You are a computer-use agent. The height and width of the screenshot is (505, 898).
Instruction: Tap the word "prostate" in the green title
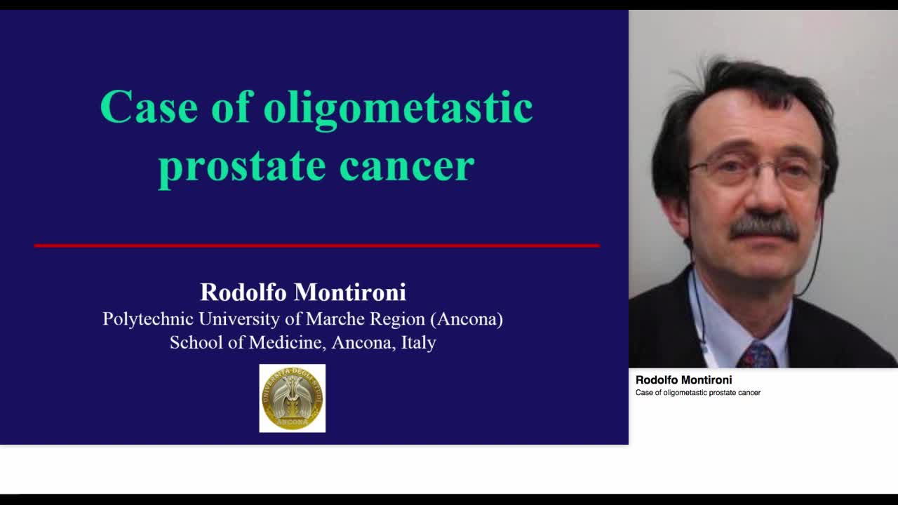(x=241, y=166)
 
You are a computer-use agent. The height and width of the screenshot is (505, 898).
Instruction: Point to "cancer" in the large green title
(x=407, y=166)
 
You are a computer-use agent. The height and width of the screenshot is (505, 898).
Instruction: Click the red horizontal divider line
(x=316, y=245)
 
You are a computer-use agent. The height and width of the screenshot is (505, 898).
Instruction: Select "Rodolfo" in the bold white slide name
(x=243, y=292)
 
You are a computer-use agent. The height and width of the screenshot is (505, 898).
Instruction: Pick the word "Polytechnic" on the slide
(x=148, y=319)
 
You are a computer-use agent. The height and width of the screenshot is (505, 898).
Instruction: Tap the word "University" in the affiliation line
(x=239, y=319)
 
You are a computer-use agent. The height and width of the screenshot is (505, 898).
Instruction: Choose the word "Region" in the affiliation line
(x=398, y=319)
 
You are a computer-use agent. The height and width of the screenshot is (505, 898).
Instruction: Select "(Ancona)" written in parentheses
(x=467, y=319)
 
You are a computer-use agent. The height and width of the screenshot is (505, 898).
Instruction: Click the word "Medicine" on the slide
(x=286, y=343)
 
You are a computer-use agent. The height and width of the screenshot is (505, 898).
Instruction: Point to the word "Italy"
(x=418, y=343)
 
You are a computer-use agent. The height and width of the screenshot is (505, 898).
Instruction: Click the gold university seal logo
(x=293, y=398)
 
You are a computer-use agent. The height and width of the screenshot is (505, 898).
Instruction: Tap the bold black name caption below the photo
(x=683, y=380)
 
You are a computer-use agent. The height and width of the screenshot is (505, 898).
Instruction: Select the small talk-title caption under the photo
(x=697, y=393)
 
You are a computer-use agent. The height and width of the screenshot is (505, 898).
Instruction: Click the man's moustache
(x=763, y=227)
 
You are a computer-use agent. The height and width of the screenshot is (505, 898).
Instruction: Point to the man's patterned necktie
(x=756, y=356)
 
